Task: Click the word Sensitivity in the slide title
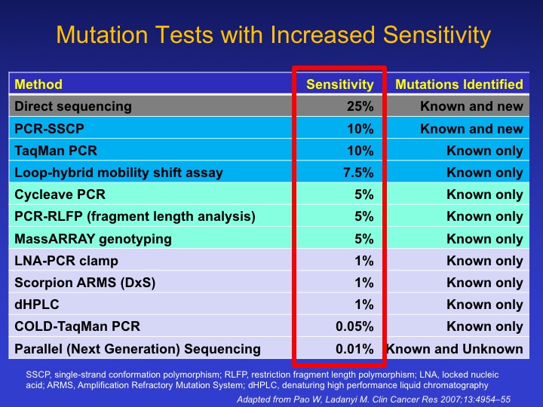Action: point(437,35)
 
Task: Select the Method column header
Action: point(38,84)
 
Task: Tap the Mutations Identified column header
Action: point(459,84)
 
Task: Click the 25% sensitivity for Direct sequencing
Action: point(360,106)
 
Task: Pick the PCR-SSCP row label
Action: point(49,129)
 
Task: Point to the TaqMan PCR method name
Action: point(56,151)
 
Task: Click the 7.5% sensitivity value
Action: point(358,173)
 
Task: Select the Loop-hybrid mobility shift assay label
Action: point(119,173)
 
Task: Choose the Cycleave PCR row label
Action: point(60,195)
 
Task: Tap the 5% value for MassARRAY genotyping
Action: point(364,239)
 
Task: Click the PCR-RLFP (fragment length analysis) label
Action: point(135,217)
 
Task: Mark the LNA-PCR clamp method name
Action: point(66,261)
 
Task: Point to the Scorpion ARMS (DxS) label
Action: point(84,283)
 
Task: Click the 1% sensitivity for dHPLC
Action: point(364,304)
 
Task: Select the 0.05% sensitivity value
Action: point(354,326)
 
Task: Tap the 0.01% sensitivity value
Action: point(354,349)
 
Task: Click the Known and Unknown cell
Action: point(455,349)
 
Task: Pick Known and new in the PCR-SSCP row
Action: point(471,129)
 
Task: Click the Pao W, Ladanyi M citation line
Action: point(373,399)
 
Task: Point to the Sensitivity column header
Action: point(340,84)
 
